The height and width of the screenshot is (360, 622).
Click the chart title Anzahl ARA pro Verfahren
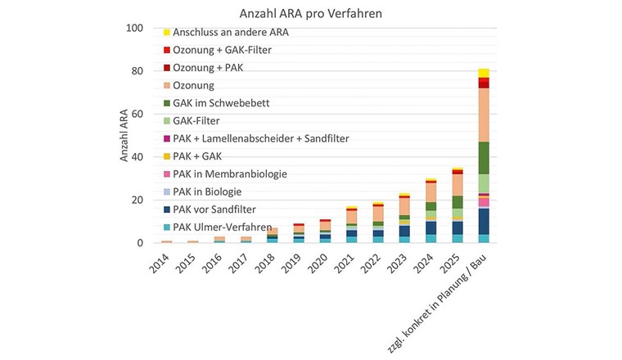point(310,14)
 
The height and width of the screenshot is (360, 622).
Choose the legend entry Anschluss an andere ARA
point(231,33)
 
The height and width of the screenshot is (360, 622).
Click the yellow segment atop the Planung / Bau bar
point(484,73)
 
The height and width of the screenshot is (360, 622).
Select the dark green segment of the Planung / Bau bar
point(484,158)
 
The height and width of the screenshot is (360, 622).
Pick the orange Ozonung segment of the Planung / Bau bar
point(484,115)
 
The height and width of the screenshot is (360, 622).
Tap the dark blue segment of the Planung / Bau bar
point(484,221)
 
